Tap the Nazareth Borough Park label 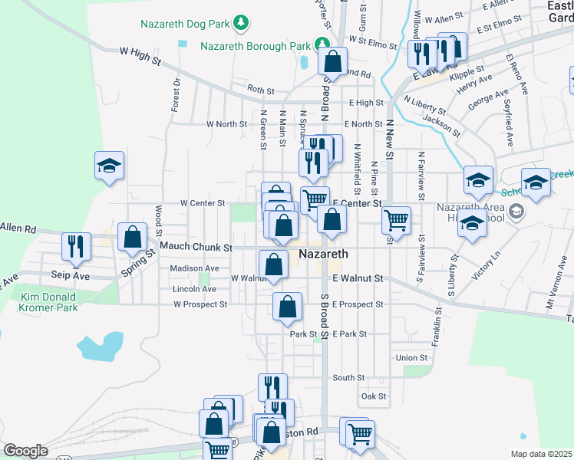point(255,46)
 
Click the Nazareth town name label point(323,254)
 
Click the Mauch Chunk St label point(196,248)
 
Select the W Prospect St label point(200,304)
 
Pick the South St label point(348,378)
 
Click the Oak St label point(374,396)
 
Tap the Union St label point(411,358)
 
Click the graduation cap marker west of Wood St point(109,164)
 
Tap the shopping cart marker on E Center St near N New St point(396,219)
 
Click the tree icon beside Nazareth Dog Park point(241,23)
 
